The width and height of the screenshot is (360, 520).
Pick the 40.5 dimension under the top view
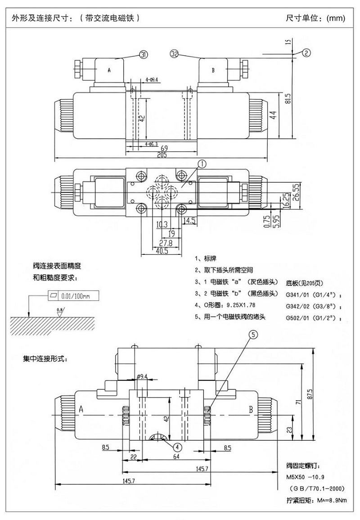pos(162,252)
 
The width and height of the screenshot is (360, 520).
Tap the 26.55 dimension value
pos(296,193)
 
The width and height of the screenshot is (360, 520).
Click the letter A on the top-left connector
pos(109,71)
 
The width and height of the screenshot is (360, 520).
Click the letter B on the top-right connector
pos(213,71)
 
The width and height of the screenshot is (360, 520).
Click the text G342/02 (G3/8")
pos(313,307)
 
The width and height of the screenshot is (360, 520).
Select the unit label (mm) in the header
pos(336,18)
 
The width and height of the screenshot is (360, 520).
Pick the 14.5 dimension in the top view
pos(189,221)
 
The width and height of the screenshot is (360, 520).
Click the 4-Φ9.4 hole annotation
pos(151,80)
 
